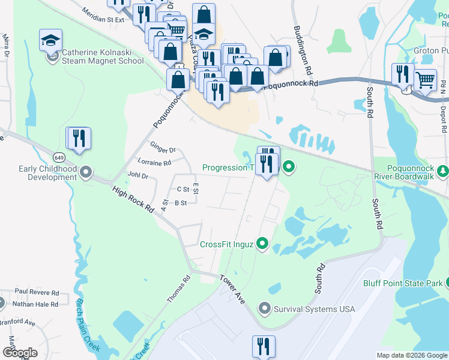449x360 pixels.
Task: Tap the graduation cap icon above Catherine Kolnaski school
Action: (50, 41)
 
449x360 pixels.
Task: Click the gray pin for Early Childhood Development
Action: (86, 173)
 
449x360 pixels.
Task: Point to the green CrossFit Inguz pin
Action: (262, 244)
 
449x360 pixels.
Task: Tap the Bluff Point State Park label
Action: (402, 283)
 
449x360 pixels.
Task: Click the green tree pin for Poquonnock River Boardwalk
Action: (443, 172)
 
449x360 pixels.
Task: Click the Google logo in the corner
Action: (19, 352)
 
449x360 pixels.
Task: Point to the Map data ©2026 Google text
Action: (411, 355)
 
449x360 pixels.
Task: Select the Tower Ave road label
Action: (232, 289)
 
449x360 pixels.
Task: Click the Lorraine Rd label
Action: (154, 162)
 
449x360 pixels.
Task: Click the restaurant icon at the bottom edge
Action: (264, 347)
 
